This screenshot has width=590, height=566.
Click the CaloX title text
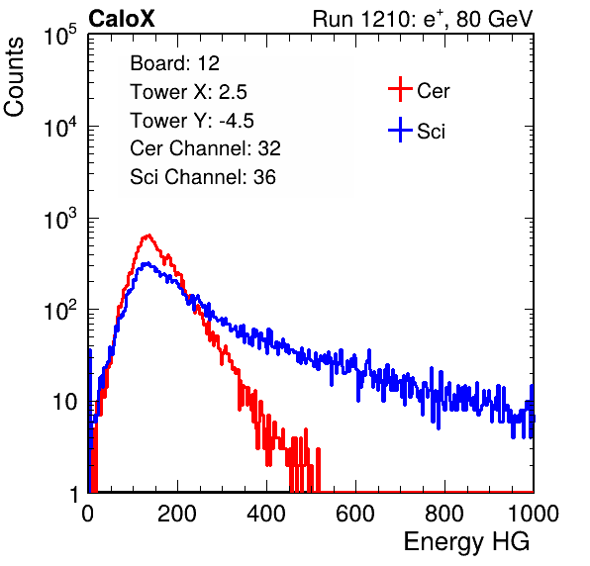tap(122, 19)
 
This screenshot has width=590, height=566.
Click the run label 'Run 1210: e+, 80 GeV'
tap(423, 19)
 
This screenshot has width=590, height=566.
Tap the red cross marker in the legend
tap(400, 89)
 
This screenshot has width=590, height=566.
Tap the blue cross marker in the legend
tap(400, 130)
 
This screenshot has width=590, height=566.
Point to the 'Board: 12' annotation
tap(174, 63)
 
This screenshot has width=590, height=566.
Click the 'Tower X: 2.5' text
tap(188, 92)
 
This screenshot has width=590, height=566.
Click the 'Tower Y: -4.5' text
tap(192, 121)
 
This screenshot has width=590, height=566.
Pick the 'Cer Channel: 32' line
tap(206, 148)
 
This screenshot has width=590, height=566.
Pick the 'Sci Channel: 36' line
tap(203, 177)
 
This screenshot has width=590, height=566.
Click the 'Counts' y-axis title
tap(14, 76)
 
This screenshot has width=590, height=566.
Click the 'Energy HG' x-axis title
tap(466, 541)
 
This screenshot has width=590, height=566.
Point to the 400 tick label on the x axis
tap(266, 514)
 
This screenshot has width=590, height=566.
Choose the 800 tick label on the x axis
tap(444, 514)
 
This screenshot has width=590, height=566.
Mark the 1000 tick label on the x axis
tap(534, 514)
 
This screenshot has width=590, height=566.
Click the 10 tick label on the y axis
tap(64, 402)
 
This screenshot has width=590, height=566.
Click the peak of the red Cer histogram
tap(148, 236)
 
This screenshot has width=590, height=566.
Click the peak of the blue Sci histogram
tap(147, 263)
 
